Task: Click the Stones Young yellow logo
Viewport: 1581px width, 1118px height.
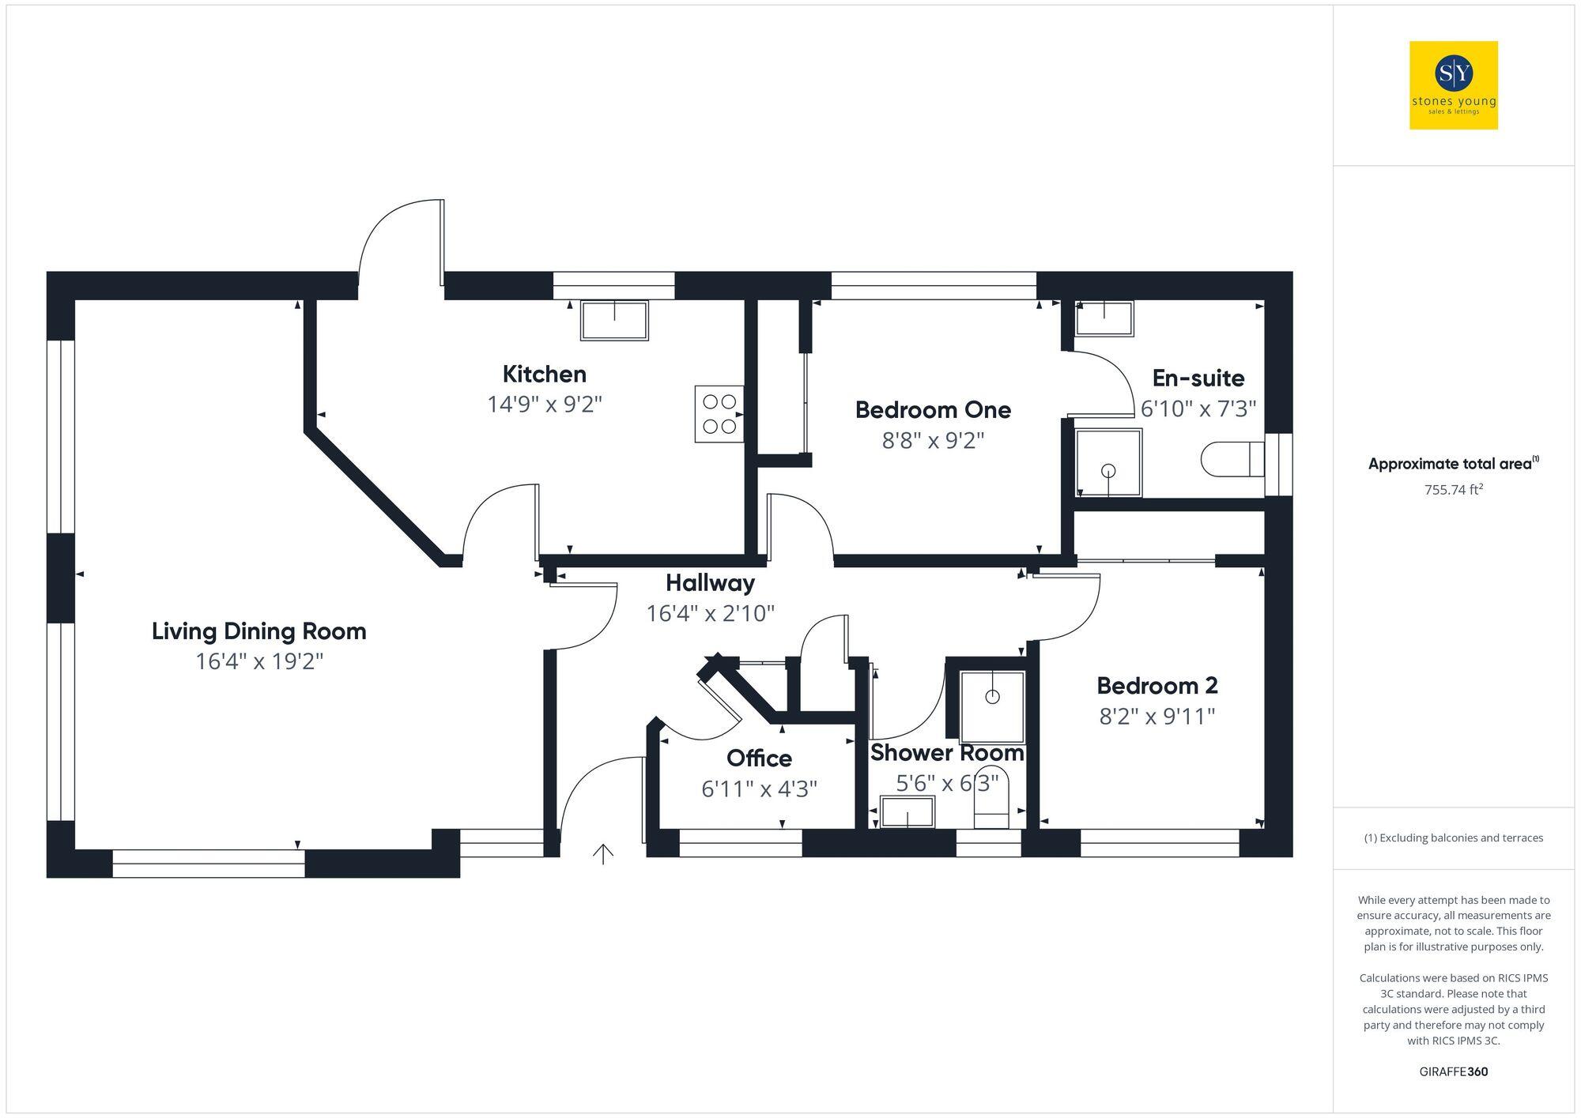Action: [1453, 85]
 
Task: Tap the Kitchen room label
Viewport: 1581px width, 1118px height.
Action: [544, 374]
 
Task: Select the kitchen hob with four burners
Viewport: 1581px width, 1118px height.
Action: [719, 414]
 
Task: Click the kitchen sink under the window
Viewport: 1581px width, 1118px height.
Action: [614, 320]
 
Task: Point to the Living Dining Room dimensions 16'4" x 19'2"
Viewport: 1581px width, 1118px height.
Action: [259, 661]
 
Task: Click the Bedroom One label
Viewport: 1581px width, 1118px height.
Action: [933, 410]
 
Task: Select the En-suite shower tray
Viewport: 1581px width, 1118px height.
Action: [1108, 462]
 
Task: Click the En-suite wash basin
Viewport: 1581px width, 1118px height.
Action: [1104, 318]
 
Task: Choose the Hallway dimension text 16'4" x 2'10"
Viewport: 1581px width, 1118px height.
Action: [710, 613]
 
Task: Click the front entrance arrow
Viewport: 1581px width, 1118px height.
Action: [603, 853]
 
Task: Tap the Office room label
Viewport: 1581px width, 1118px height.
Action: [759, 759]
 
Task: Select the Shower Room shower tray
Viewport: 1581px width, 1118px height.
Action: [992, 706]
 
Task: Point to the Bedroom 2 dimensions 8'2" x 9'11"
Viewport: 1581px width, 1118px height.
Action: [1157, 717]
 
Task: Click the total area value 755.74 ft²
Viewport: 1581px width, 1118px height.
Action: [1453, 490]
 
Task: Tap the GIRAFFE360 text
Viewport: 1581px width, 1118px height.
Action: [1453, 1072]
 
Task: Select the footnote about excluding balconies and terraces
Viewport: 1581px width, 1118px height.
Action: [1453, 838]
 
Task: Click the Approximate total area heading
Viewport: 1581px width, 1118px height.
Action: [1453, 464]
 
